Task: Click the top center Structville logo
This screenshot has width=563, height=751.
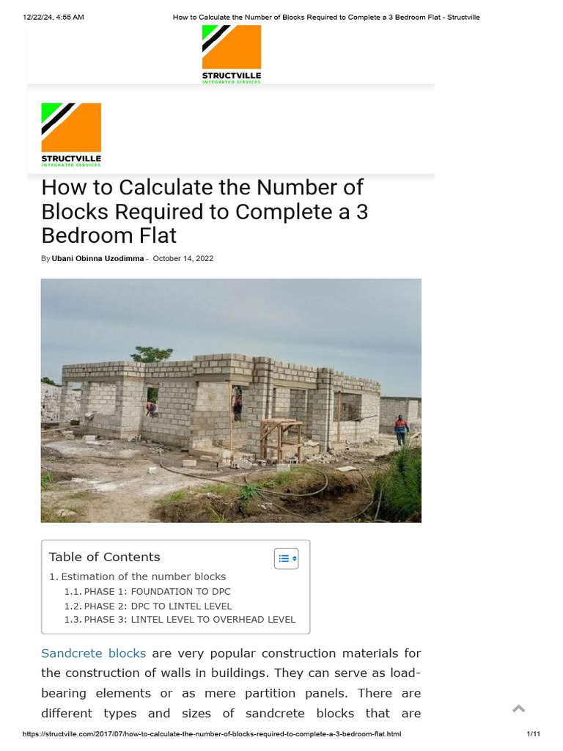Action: pos(232,54)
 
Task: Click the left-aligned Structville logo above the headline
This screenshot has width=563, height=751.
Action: pos(71,134)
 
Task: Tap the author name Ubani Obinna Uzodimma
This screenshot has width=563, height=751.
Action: pos(97,259)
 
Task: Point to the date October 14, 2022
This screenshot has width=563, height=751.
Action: pos(183,259)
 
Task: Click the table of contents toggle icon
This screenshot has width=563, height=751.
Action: pos(286,558)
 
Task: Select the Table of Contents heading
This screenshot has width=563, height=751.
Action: pos(104,557)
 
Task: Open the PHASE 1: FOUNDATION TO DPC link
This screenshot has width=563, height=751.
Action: pos(157,592)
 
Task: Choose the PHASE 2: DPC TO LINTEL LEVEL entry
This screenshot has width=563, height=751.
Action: pos(158,606)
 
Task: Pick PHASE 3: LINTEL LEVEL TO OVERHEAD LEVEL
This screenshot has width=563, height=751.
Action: pos(189,620)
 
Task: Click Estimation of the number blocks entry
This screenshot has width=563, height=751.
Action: pos(143,576)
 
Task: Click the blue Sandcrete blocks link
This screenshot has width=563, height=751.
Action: pos(93,653)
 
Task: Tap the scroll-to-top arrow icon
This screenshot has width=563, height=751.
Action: pos(518,708)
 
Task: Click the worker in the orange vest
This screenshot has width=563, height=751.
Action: pos(400,429)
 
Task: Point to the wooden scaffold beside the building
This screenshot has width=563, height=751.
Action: pos(281,439)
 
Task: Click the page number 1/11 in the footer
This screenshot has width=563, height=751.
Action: pos(533,734)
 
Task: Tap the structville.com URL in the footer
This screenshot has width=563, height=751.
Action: pos(212,734)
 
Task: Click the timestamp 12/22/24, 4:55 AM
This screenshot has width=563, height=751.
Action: pos(54,17)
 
